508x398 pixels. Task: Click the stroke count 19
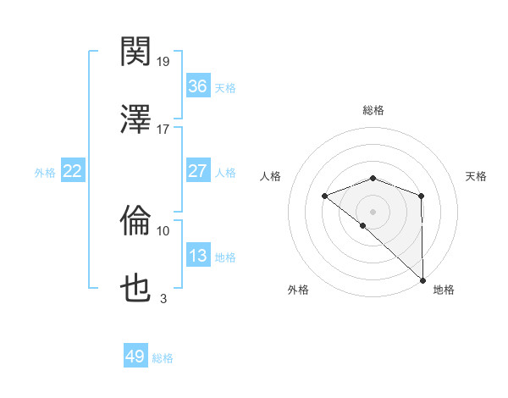164,62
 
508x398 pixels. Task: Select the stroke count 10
163,230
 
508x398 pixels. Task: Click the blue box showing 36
197,86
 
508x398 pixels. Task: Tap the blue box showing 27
197,171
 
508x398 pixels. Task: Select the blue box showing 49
135,357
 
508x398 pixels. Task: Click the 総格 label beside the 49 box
163,358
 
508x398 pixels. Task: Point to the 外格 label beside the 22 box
45,173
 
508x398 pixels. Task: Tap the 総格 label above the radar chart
373,110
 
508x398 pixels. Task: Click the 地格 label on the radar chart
444,290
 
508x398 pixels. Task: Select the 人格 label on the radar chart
271,176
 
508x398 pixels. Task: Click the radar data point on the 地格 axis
422,279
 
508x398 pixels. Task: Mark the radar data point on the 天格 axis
421,196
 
